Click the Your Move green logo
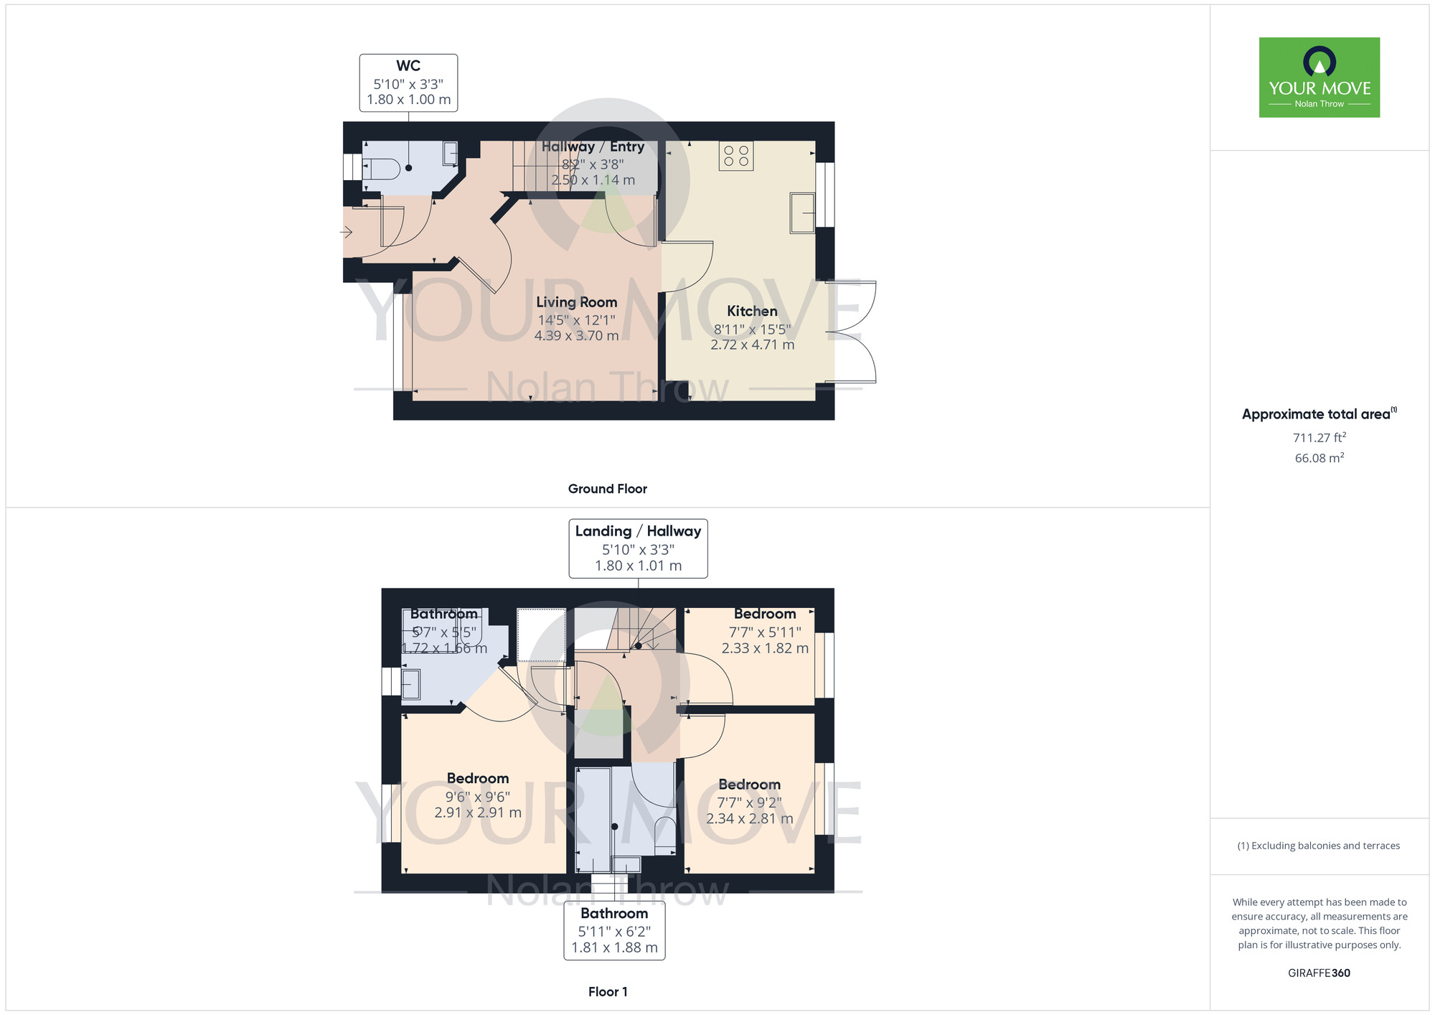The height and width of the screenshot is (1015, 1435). pyautogui.click(x=1319, y=78)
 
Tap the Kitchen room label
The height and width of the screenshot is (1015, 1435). pyautogui.click(x=752, y=311)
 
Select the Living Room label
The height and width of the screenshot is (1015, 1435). pyautogui.click(x=576, y=302)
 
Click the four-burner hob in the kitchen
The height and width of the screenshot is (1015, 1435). pyautogui.click(x=736, y=156)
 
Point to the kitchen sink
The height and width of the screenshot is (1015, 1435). pyautogui.click(x=802, y=212)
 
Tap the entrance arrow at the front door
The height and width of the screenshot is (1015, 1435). pyautogui.click(x=346, y=232)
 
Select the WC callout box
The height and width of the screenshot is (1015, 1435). pyautogui.click(x=408, y=83)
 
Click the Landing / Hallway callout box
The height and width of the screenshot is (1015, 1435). pyautogui.click(x=638, y=548)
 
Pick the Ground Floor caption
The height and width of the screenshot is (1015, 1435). pyautogui.click(x=607, y=489)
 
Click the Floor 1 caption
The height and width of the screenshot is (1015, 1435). pyautogui.click(x=608, y=992)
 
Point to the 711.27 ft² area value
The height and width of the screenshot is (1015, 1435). pyautogui.click(x=1319, y=437)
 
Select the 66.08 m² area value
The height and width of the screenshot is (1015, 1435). pyautogui.click(x=1319, y=458)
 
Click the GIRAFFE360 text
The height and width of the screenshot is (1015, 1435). pyautogui.click(x=1319, y=973)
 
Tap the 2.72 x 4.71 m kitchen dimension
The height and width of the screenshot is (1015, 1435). pyautogui.click(x=753, y=345)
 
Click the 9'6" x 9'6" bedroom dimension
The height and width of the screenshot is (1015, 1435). pyautogui.click(x=478, y=797)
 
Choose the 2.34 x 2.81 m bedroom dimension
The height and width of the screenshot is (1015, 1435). pyautogui.click(x=750, y=818)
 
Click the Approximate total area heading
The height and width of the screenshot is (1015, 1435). pyautogui.click(x=1319, y=413)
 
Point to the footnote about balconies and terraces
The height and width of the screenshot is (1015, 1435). pyautogui.click(x=1319, y=846)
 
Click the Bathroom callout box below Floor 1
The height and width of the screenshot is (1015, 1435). pyautogui.click(x=614, y=930)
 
